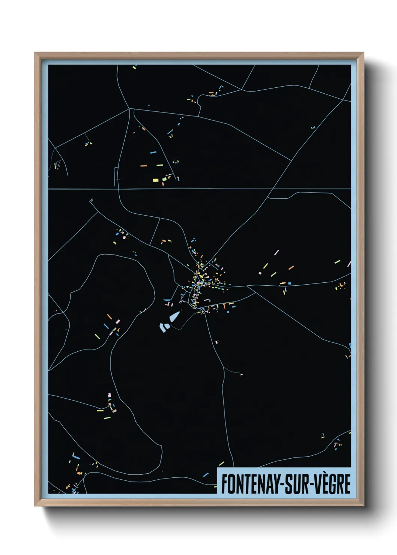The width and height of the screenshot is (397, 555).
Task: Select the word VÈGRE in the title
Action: click(x=332, y=484)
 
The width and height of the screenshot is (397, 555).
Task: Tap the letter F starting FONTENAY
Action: click(x=224, y=484)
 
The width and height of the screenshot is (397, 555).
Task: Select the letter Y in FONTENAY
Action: click(x=275, y=484)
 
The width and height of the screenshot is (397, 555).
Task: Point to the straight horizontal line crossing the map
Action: click(x=199, y=189)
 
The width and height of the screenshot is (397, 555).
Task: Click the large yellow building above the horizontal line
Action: click(x=155, y=180)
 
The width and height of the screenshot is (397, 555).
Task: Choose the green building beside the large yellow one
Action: click(x=164, y=180)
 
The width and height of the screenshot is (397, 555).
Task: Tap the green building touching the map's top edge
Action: click(x=134, y=67)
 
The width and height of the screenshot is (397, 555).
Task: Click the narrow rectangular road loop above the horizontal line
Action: click(x=115, y=177)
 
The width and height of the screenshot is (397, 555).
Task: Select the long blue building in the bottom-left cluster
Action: click(x=77, y=457)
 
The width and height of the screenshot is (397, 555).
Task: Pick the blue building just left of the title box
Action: click(x=206, y=475)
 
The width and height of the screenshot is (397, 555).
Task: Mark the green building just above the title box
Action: click(x=221, y=464)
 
